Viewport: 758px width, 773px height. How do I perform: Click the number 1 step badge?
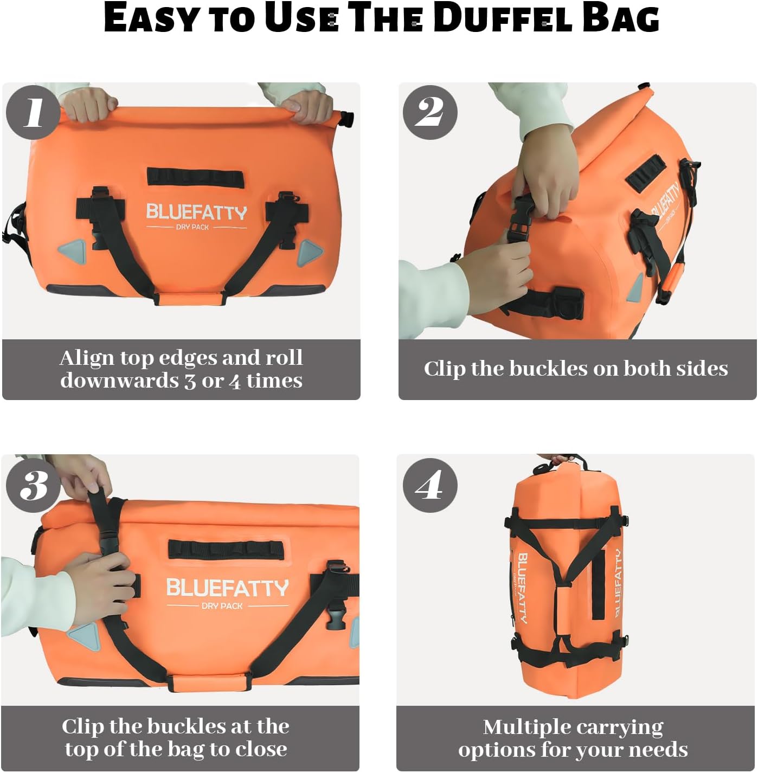[33, 112]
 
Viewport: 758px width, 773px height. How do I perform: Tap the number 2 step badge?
[430, 112]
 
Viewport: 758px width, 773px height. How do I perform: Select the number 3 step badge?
[33, 485]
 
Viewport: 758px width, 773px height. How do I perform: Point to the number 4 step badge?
[430, 485]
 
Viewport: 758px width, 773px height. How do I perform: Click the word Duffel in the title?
[503, 18]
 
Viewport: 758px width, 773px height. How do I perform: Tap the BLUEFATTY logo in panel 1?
[196, 212]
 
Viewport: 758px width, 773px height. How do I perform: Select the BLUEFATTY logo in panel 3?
[227, 588]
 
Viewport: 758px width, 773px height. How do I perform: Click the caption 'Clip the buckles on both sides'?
[576, 369]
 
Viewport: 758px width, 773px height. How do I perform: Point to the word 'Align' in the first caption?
[87, 358]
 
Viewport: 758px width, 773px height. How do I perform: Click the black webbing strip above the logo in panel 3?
[226, 549]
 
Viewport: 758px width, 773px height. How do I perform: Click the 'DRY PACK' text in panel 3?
[222, 606]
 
